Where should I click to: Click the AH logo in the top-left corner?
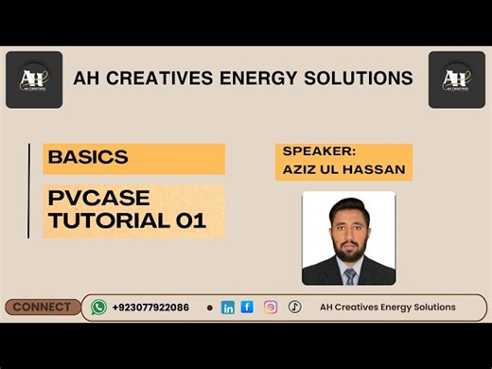tap(34, 79)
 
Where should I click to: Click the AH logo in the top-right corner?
tap(457, 79)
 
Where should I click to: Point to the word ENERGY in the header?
tap(267, 78)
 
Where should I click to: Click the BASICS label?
tap(88, 158)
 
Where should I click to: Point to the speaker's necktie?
tap(349, 275)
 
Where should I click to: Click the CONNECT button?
tap(42, 307)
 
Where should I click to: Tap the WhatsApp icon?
tap(98, 307)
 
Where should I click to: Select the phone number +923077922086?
tap(150, 307)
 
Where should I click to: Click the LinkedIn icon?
tap(227, 307)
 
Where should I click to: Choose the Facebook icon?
tap(247, 307)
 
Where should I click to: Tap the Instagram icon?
tap(271, 307)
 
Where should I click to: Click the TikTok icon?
tap(294, 307)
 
